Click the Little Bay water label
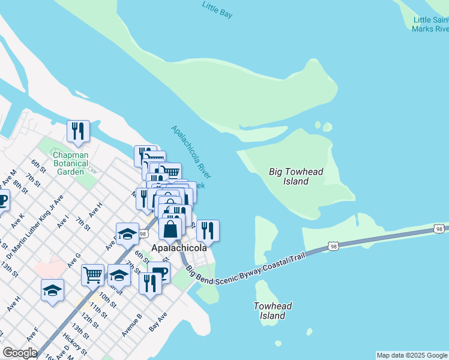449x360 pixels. coord(217,10)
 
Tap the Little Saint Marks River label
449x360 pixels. coord(430,24)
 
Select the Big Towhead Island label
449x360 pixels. coord(296,176)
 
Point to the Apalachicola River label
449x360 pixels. coord(190,152)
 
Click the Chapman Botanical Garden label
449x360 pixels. coord(70,163)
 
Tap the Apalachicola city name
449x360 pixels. coord(179,248)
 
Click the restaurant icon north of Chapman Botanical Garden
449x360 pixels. coord(78,131)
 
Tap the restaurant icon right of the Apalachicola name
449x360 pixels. coord(208,230)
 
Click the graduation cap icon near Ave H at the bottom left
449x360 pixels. coord(52,290)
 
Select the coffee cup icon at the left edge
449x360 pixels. coord(2,200)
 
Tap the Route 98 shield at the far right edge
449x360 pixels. coord(440,229)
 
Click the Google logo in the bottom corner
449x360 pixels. coord(20,353)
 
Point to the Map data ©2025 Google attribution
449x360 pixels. coord(412,355)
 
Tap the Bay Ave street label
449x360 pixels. coord(158,325)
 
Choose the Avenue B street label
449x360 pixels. coord(131,324)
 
